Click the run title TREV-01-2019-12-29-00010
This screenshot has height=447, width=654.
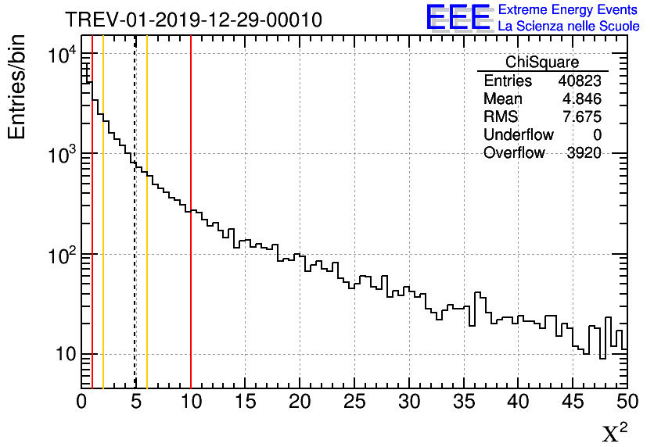[x=193, y=20]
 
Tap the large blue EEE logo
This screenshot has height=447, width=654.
[x=458, y=17]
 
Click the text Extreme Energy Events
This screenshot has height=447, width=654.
[x=569, y=10]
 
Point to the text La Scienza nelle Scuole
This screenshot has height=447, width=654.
[x=569, y=26]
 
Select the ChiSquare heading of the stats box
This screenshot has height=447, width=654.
[x=542, y=63]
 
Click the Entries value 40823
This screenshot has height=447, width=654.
[x=580, y=81]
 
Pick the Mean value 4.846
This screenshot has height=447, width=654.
[x=584, y=99]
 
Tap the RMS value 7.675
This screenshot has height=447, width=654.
[x=584, y=117]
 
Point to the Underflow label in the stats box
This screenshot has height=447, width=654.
[x=518, y=135]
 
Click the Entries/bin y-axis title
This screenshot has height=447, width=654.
[x=17, y=87]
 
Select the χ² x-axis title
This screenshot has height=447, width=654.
[x=615, y=433]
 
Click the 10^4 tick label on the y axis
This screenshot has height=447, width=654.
[x=61, y=56]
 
